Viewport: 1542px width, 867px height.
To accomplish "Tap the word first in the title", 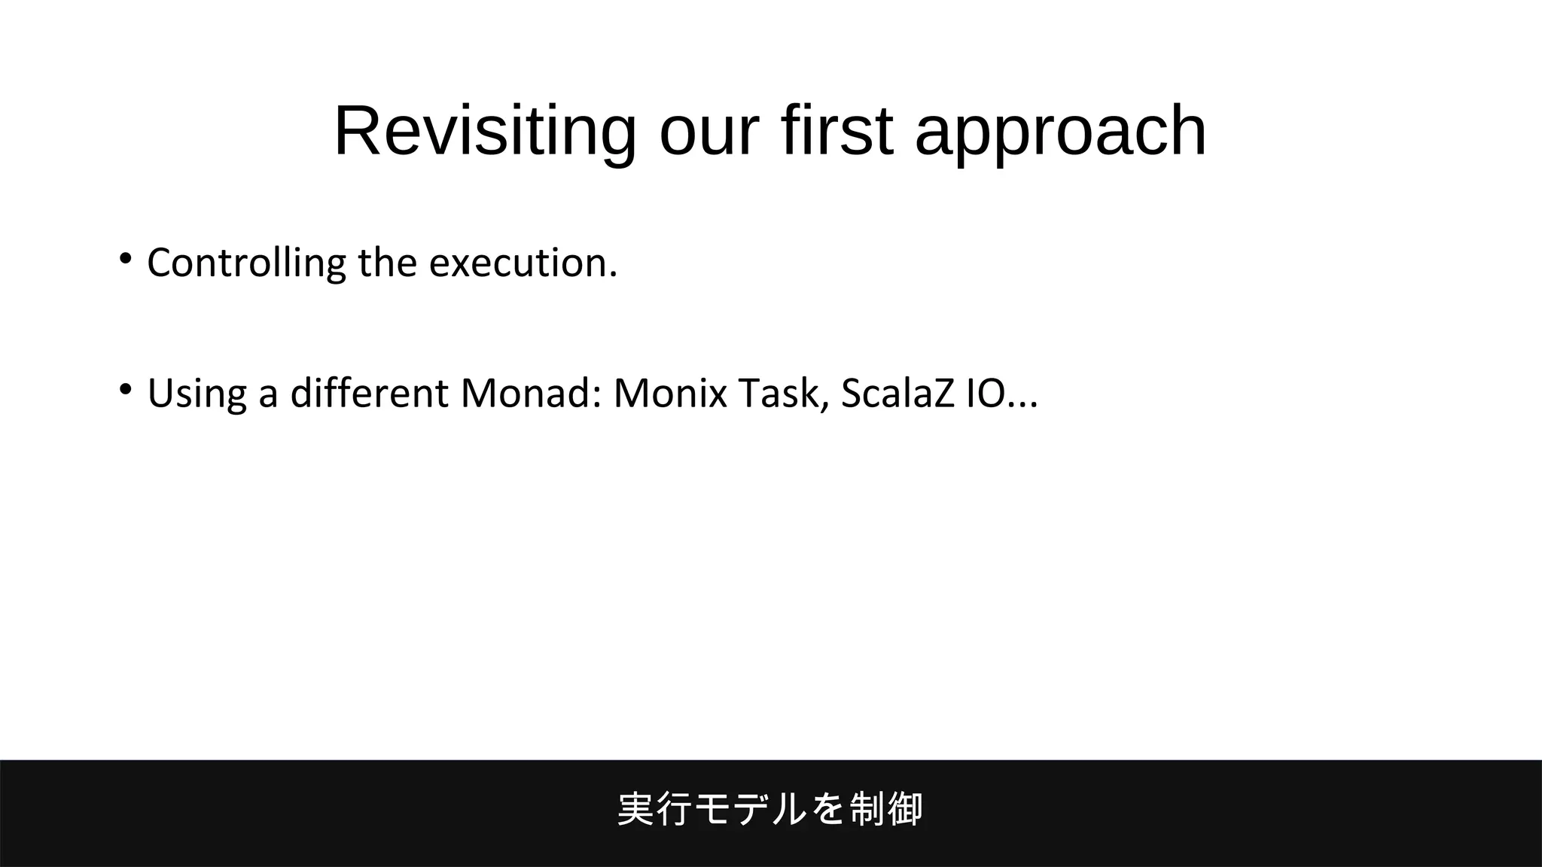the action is (x=837, y=132).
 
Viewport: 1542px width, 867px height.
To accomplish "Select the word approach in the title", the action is (x=1060, y=132).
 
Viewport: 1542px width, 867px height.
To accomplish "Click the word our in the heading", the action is (x=707, y=132).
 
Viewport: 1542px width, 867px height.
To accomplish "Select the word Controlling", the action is (x=246, y=263).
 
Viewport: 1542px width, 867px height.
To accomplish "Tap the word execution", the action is (x=523, y=263).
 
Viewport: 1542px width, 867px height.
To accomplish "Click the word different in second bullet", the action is (x=369, y=393).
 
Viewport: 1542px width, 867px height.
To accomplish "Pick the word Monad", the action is (x=531, y=393).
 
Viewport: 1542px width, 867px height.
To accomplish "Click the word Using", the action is (x=197, y=393).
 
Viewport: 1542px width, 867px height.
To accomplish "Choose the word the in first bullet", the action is (x=387, y=263).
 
